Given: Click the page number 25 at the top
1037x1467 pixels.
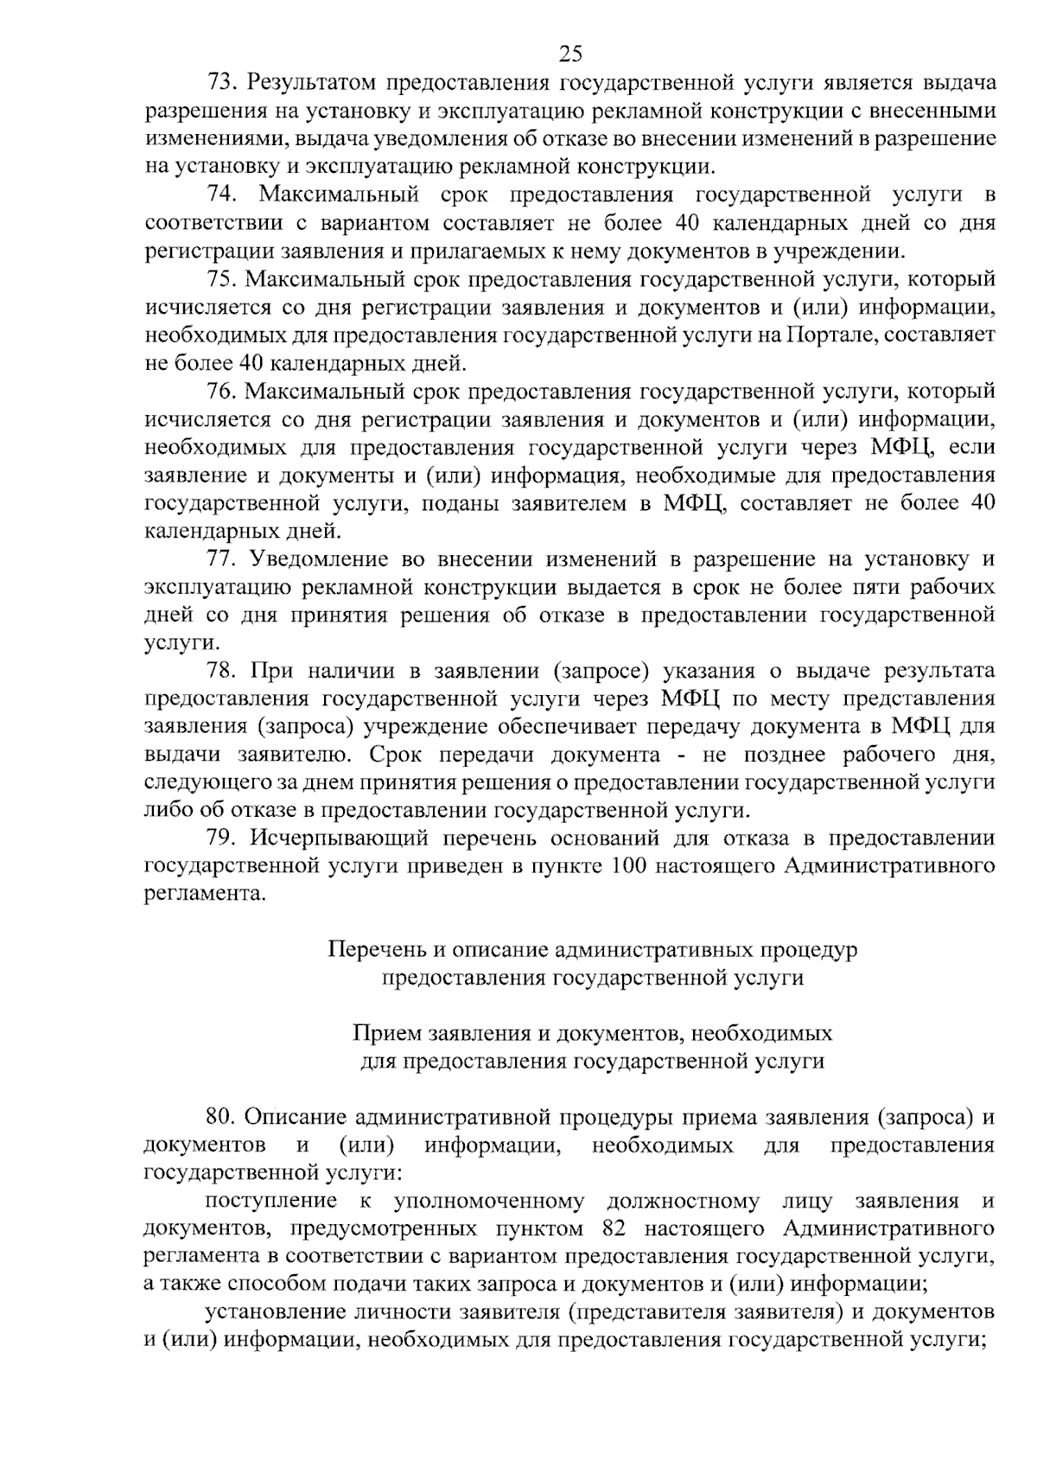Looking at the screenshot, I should coord(570,54).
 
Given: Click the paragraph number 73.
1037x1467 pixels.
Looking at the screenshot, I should coord(220,83).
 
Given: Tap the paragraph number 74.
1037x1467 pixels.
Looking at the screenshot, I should coord(221,195).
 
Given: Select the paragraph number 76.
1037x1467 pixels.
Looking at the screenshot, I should coord(220,392).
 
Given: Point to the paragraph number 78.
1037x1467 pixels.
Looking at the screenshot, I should coord(221,671).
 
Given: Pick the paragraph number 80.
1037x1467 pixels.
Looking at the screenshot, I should coord(221,1118).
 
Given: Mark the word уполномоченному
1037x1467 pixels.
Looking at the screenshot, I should coord(488,1201).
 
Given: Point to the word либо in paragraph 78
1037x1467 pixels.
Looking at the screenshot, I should coord(169,811).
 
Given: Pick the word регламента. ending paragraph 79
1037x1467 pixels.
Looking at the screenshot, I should coord(204,894).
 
